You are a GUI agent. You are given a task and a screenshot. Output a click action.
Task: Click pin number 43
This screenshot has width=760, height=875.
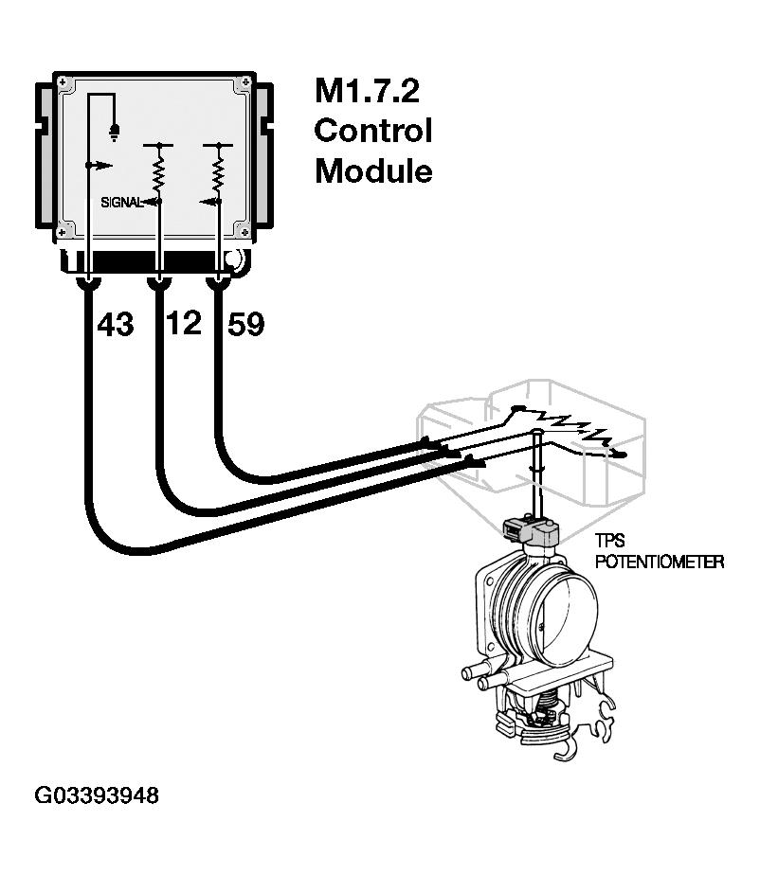point(116,325)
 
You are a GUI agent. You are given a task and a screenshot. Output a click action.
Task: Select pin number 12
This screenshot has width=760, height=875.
point(183,324)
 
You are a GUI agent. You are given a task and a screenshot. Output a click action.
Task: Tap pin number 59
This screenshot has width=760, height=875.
point(245,325)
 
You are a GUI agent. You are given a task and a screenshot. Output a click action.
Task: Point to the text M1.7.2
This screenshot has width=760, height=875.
point(367,92)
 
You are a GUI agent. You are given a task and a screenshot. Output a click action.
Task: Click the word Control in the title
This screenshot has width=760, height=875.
point(372,131)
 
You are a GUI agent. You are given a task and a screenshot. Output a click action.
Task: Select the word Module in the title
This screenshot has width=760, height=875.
point(372,170)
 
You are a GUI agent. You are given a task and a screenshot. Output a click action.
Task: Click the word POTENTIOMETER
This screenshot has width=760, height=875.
point(659,562)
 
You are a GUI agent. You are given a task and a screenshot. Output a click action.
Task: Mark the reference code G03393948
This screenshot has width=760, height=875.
point(97,795)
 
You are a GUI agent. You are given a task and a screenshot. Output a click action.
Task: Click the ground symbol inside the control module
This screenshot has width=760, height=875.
point(116,132)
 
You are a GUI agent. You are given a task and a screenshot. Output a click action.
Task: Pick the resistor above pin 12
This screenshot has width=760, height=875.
point(158,173)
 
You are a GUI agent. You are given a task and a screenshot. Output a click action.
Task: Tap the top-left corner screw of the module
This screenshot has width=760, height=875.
point(63,82)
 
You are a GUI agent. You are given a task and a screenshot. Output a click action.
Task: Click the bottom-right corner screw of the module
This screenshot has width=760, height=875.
point(241,229)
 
